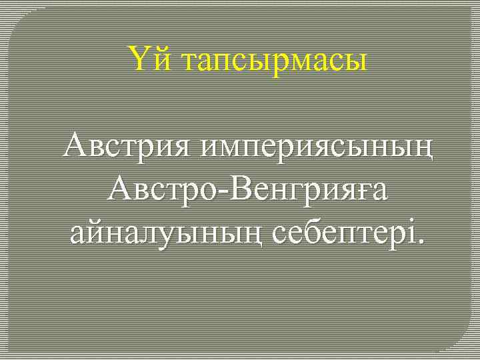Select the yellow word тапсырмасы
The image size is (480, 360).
273,61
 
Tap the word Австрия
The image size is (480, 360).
125,146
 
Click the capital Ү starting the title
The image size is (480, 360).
139,60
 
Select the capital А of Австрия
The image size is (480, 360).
75,145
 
